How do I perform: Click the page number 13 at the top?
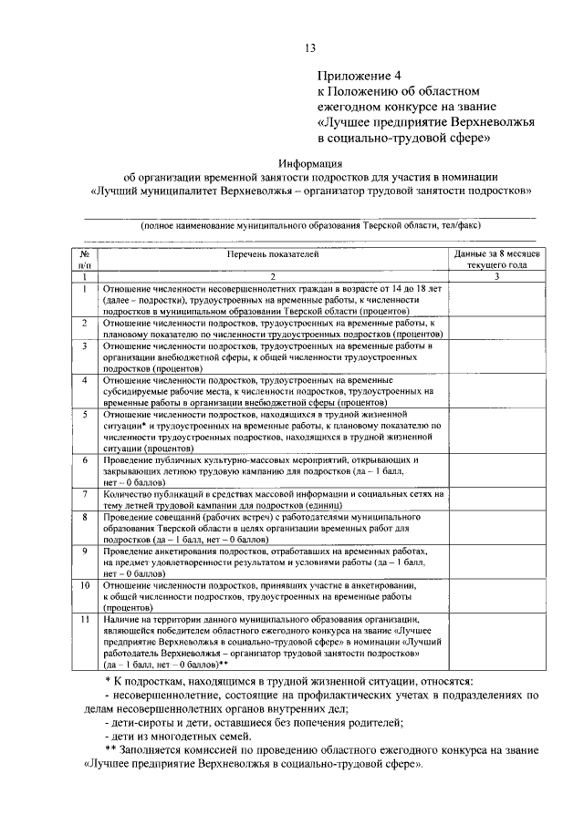tap(309, 48)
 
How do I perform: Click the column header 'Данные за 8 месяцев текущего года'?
tap(497, 260)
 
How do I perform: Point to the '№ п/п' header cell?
tap(83, 260)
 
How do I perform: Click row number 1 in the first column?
tap(83, 289)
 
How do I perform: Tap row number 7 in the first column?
tap(83, 494)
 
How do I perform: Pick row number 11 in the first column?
tap(83, 619)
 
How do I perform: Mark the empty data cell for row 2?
tap(497, 328)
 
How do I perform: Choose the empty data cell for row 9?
tap(497, 562)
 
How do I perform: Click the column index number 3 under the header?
tap(497, 276)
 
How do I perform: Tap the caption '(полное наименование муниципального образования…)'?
tap(309, 225)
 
